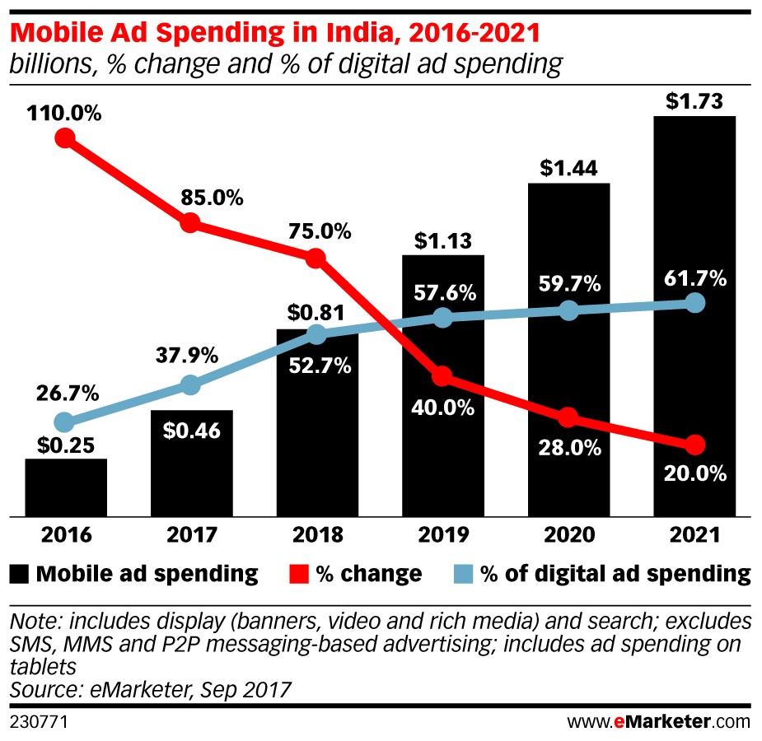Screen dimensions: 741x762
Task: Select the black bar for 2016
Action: (66, 487)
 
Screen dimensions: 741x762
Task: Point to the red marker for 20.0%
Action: (695, 445)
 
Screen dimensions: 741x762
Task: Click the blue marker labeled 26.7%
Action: (65, 422)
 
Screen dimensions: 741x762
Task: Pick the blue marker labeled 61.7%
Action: (695, 303)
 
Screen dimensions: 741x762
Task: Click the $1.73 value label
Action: (694, 102)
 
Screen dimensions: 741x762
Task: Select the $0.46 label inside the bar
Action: (191, 430)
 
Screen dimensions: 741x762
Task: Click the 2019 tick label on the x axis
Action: (442, 535)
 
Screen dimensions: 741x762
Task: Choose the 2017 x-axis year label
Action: (191, 535)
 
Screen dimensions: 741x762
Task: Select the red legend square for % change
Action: (300, 573)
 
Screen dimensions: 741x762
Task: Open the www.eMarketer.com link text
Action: (658, 722)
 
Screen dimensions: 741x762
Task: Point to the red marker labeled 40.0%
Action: (442, 376)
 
